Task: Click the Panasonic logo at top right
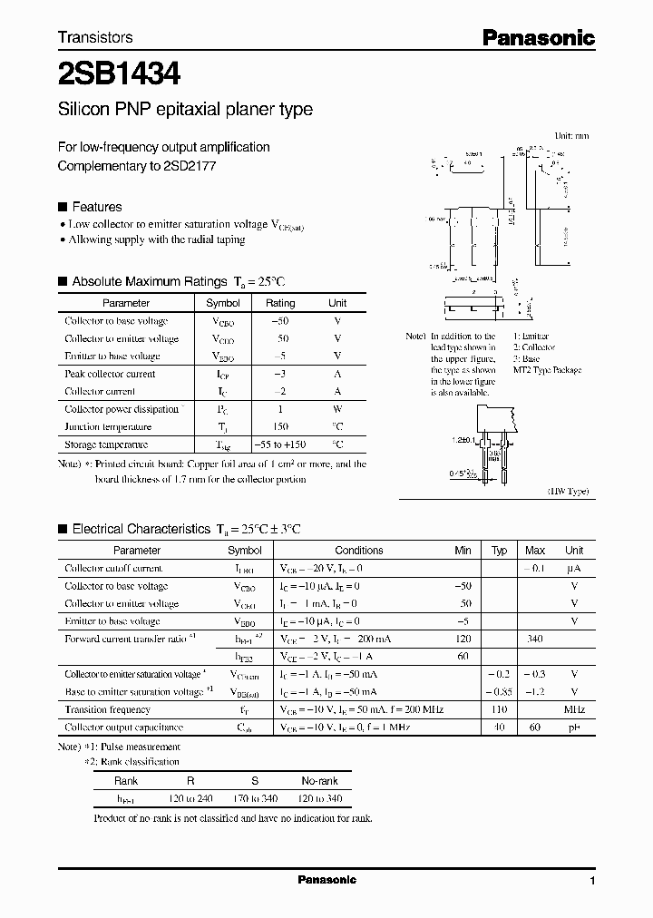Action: (538, 37)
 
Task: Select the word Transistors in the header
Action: (95, 37)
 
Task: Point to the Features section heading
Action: (96, 207)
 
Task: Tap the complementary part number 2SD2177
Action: (190, 166)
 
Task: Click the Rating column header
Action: (279, 303)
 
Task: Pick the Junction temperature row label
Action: (108, 426)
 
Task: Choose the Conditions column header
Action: (358, 550)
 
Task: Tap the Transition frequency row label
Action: (108, 709)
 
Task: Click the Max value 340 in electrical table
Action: (534, 639)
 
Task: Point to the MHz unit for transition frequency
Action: (573, 709)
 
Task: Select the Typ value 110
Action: (498, 709)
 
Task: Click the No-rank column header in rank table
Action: (318, 780)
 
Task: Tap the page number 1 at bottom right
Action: (592, 882)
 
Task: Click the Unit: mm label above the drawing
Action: (571, 135)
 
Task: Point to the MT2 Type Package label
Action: (547, 370)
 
